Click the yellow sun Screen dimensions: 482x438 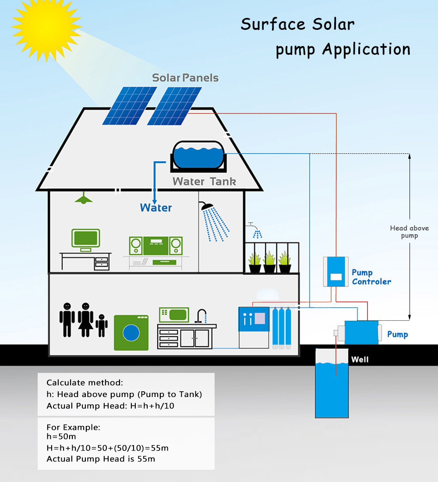pos(46,21)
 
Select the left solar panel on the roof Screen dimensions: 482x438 pos(130,105)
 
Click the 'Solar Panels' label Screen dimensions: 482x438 pos(185,78)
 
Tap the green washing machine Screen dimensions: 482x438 pos(131,333)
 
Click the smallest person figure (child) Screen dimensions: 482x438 pos(102,325)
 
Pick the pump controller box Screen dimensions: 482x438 pos(336,272)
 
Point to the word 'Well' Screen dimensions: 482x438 pos(360,360)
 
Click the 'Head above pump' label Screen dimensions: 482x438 pos(409,232)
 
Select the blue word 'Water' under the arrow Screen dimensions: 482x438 pos(156,208)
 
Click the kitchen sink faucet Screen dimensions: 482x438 pos(201,315)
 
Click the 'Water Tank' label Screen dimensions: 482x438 pos(204,181)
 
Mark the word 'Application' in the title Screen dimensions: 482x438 pos(366,49)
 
